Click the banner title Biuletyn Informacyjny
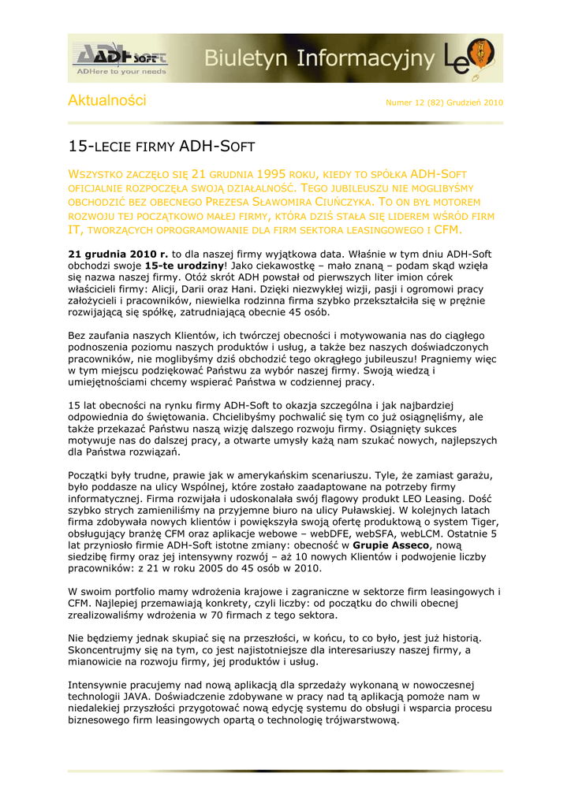(x=320, y=58)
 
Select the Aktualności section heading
(x=107, y=101)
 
